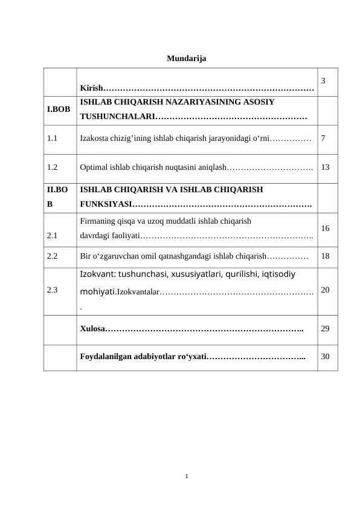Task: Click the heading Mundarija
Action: coord(186,59)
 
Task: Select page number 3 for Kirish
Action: coord(324,80)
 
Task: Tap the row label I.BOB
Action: coord(59,109)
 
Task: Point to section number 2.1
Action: coord(53,236)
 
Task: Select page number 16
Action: coord(326,229)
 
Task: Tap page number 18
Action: coord(326,256)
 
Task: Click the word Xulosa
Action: coord(92,329)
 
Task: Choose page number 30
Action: coord(326,357)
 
